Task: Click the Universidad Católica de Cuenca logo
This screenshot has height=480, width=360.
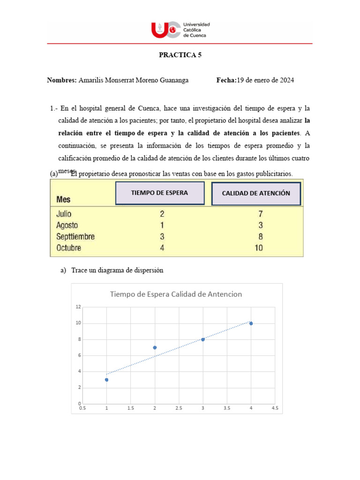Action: click(x=180, y=30)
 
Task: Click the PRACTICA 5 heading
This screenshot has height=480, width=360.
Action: click(x=180, y=55)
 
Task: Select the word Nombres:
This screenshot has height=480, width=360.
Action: click(x=61, y=80)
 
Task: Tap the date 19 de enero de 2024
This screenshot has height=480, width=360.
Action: click(x=265, y=80)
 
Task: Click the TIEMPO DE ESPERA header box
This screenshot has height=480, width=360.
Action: click(x=159, y=193)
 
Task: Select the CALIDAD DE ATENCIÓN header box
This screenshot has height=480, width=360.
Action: click(x=255, y=193)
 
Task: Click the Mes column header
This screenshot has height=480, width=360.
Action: click(x=63, y=199)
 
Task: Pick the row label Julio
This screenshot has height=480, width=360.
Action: click(x=64, y=214)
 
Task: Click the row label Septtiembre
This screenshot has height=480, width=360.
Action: click(x=75, y=236)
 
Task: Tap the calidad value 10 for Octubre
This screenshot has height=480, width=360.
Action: click(x=259, y=247)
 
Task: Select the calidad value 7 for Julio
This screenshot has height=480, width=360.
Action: click(x=261, y=214)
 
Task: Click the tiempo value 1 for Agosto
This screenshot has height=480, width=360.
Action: click(x=162, y=225)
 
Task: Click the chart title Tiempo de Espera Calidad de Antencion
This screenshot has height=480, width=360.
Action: click(x=176, y=294)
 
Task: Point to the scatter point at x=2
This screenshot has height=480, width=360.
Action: click(x=155, y=348)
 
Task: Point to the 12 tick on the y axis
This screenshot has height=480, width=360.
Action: click(x=78, y=307)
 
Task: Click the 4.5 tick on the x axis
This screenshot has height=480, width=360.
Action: click(x=275, y=409)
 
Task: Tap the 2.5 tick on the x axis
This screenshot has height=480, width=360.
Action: click(x=179, y=409)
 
